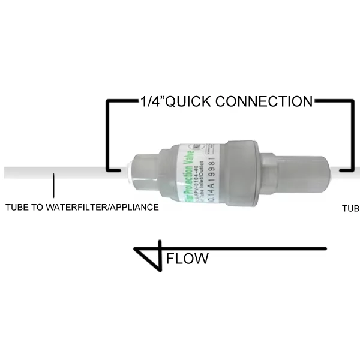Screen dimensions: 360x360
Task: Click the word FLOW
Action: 187,259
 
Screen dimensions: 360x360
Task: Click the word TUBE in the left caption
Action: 17,208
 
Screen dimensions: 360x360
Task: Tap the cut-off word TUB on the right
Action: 350,208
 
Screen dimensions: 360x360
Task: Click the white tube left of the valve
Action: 60,172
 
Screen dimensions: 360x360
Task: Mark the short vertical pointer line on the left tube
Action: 54,186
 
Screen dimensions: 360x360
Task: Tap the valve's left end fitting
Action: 145,173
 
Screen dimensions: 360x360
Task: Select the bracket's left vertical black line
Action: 107,135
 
